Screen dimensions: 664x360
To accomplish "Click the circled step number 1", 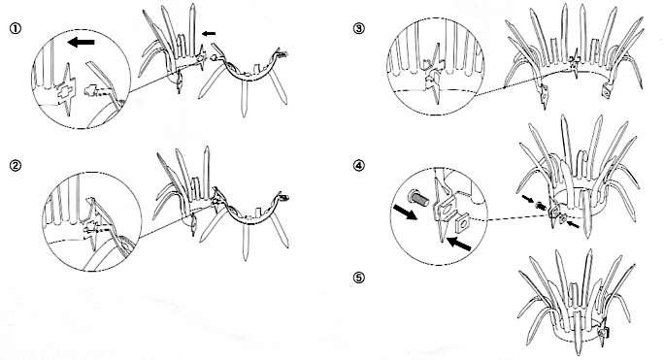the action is point(16,28).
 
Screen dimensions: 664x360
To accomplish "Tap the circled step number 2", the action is point(16,165).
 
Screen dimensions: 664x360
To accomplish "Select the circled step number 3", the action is point(358,28).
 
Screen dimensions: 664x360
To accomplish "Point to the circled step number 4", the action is point(358,165).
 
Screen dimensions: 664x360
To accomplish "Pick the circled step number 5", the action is point(358,278).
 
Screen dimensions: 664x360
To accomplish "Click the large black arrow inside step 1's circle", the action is point(81,42).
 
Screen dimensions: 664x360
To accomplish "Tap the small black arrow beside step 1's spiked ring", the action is point(209,33).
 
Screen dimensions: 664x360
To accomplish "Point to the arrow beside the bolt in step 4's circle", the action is point(405,212).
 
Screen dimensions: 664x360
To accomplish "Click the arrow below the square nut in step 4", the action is point(459,244).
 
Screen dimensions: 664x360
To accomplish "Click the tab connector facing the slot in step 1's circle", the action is point(92,90).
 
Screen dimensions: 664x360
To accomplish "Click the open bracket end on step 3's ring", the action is point(608,91).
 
